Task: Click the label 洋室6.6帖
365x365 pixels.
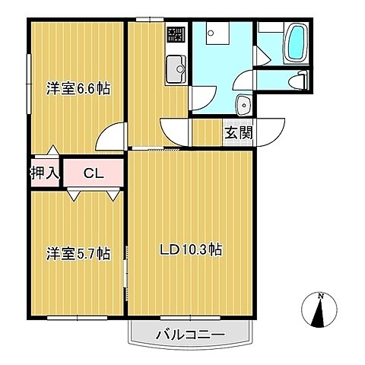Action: pyautogui.click(x=78, y=89)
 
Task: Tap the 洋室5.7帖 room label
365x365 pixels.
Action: pyautogui.click(x=78, y=253)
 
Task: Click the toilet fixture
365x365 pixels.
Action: pyautogui.click(x=303, y=79)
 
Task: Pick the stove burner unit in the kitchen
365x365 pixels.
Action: pyautogui.click(x=176, y=33)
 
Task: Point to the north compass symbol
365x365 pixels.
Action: pyautogui.click(x=321, y=312)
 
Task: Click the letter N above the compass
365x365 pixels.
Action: pyautogui.click(x=321, y=296)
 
